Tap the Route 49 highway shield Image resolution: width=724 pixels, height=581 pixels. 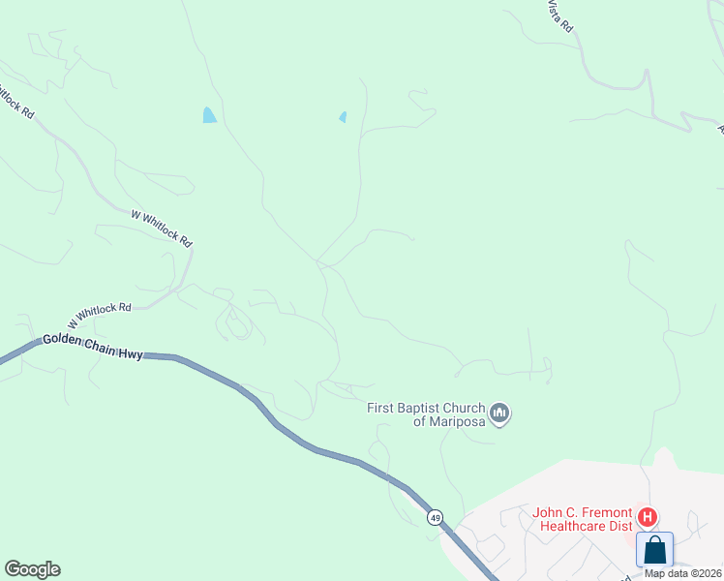(436, 517)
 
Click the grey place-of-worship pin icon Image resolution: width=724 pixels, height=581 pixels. (499, 414)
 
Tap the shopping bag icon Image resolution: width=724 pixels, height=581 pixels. (655, 550)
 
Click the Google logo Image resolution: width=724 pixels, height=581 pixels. (32, 569)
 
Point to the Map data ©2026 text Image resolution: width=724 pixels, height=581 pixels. (683, 573)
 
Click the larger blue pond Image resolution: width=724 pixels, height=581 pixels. (209, 115)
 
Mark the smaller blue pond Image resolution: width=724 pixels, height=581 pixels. (343, 117)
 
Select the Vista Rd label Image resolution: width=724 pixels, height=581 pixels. (559, 15)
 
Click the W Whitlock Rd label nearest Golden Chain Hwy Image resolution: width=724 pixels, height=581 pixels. (99, 315)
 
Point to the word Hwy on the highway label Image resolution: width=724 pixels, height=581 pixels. (132, 353)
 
